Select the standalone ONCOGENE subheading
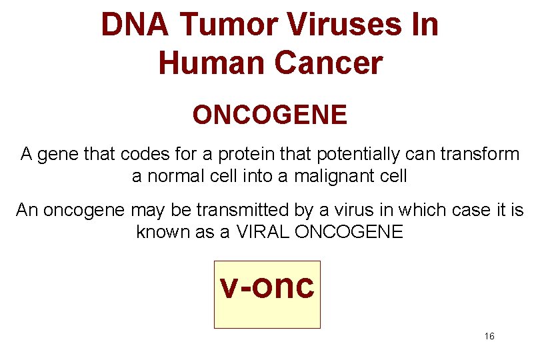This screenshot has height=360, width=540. coord(269,115)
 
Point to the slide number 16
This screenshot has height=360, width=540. coord(489,337)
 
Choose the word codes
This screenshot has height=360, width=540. coord(146,155)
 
